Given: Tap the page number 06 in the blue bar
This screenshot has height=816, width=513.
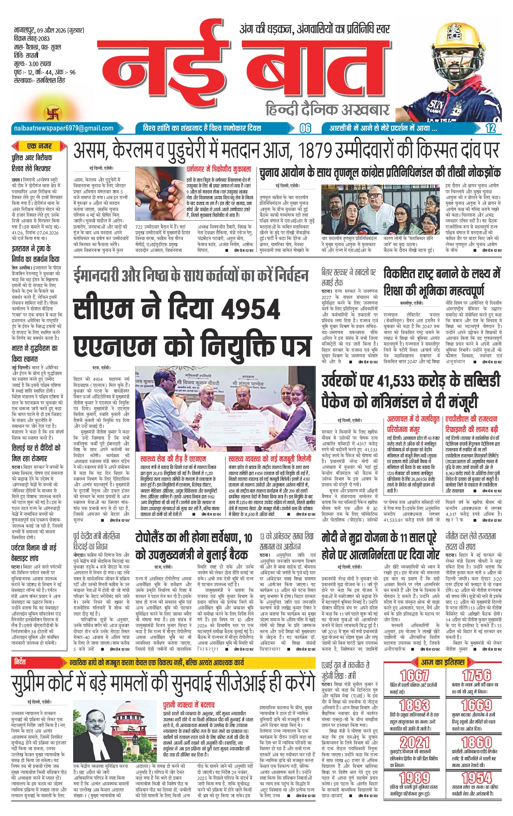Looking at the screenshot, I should [305, 129].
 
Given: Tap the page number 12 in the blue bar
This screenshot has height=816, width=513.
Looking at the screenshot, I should [490, 129].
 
